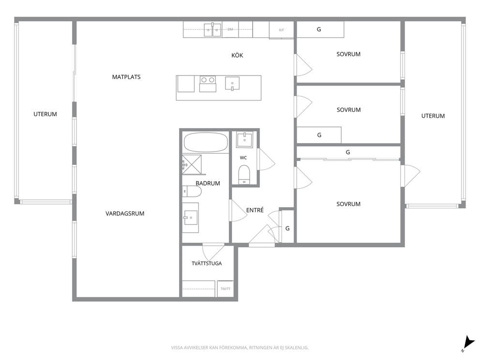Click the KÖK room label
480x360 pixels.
click(x=237, y=55)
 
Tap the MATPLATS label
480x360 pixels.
click(x=126, y=77)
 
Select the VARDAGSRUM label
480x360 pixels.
click(x=125, y=213)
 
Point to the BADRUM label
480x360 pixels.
click(x=208, y=183)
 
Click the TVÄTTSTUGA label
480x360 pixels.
click(x=207, y=263)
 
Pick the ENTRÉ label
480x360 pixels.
click(x=255, y=210)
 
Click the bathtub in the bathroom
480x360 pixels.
click(x=206, y=142)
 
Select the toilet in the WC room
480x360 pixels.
click(x=244, y=175)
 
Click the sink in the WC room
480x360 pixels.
click(x=244, y=139)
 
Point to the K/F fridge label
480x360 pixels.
click(x=282, y=30)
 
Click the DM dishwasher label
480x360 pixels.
click(x=230, y=30)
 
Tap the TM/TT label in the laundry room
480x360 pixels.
click(x=225, y=289)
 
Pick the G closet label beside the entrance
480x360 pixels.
click(x=287, y=228)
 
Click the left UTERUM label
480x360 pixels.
click(x=45, y=114)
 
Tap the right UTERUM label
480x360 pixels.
click(x=433, y=116)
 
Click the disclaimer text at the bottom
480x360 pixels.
click(x=240, y=347)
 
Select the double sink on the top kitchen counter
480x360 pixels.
click(x=212, y=30)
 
